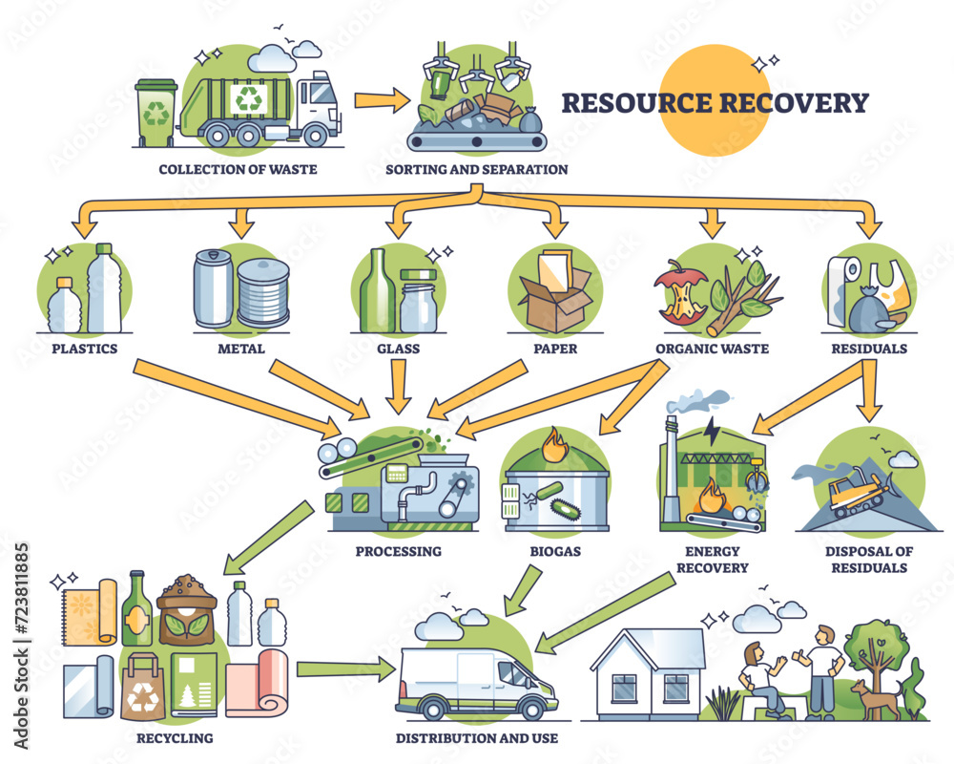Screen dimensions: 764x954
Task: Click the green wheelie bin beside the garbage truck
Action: (155, 113)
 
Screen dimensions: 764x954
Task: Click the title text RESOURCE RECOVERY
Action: (714, 102)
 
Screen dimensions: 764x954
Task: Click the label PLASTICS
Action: (80, 349)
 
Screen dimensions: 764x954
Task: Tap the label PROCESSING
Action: (398, 551)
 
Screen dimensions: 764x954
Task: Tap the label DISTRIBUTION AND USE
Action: (477, 737)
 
